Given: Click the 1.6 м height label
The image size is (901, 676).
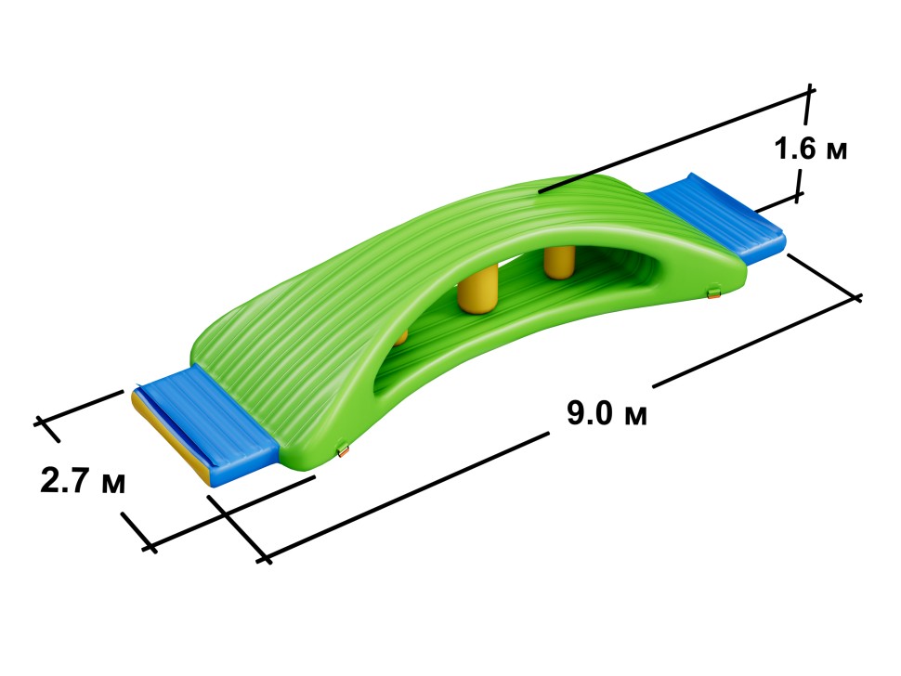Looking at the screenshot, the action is click(x=810, y=149).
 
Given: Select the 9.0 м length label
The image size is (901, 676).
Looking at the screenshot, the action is click(x=607, y=412).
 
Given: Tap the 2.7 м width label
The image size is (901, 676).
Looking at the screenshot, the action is click(x=83, y=480).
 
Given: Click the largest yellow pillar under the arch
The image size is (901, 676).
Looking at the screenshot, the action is click(x=477, y=292).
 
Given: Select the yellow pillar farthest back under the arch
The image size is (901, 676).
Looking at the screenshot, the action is click(x=559, y=263).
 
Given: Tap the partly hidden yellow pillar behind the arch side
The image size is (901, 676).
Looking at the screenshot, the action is click(x=401, y=336).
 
